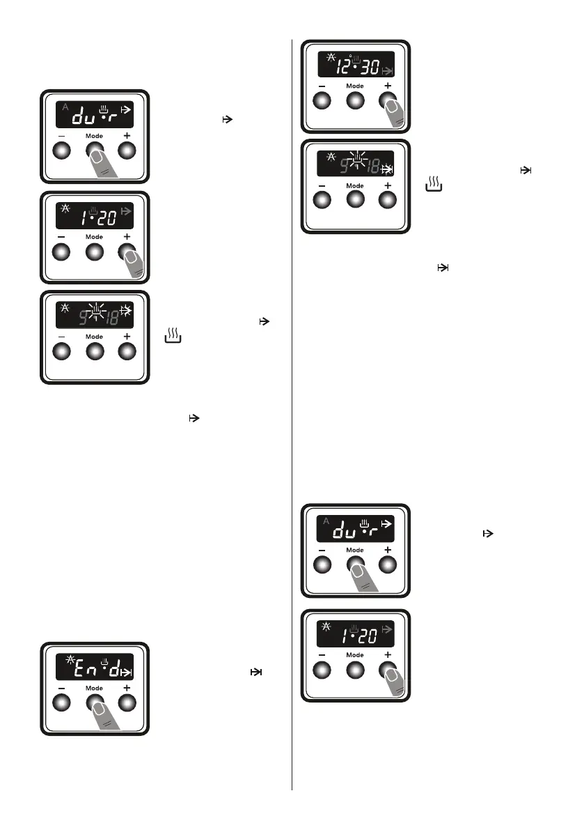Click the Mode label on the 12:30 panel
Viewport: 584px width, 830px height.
[355, 86]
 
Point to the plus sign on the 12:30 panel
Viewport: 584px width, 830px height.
[388, 85]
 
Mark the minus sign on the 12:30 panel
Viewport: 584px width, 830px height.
[322, 86]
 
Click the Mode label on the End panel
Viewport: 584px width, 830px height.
[94, 689]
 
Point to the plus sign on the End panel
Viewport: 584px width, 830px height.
[127, 688]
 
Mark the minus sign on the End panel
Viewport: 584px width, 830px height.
[61, 689]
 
